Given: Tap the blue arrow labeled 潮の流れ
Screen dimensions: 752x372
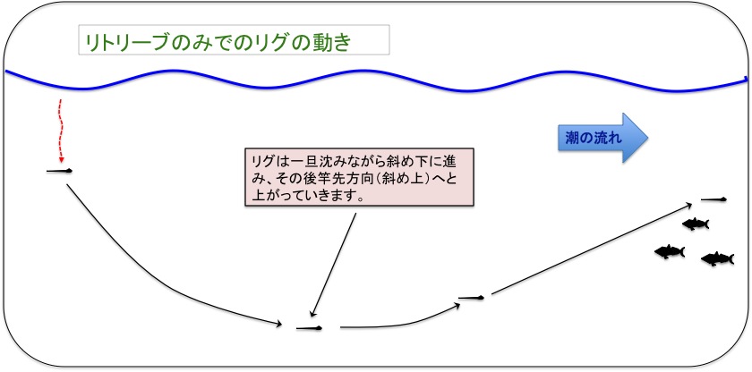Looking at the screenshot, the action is tap(602, 138).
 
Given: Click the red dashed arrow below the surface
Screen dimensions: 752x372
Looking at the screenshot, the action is tap(61, 131).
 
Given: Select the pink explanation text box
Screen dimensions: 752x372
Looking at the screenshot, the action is tap(359, 177).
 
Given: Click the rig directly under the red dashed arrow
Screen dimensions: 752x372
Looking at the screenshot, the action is tap(59, 171).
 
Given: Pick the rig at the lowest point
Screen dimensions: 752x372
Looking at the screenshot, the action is tap(310, 328).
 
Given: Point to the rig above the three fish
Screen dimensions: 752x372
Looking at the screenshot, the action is tap(714, 199).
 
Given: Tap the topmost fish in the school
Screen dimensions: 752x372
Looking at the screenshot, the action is tap(696, 224).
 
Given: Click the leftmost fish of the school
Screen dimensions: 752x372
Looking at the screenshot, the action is tap(670, 252).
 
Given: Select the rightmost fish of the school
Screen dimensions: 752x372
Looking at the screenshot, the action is tap(717, 259).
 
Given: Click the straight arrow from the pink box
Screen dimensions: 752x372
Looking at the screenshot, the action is tap(333, 265).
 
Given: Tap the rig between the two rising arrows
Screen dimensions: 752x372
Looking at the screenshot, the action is tap(471, 299).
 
